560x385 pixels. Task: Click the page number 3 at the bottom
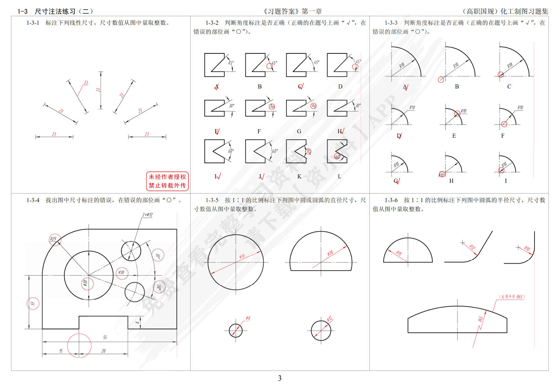pos(279,378)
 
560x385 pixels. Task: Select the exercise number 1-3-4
pos(33,200)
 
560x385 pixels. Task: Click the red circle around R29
pos(54,239)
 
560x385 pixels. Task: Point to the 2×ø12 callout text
pos(147,215)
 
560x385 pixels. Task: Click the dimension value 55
pos(105,337)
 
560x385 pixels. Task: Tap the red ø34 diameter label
pos(242,256)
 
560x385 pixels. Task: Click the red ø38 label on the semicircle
pos(330,253)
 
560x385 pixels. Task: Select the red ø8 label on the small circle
pos(248,318)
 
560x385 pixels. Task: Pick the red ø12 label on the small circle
pos(329,319)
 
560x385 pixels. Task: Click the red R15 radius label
pos(399,253)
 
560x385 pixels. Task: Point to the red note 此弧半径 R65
pos(512,296)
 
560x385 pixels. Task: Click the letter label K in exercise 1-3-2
pos(299,176)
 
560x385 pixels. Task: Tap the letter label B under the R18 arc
pos(457,86)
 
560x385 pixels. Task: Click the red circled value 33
pos(33,303)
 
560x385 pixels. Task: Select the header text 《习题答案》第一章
pos(292,11)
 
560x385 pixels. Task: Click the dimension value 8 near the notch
pos(137,323)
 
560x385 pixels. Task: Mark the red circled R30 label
pos(121,272)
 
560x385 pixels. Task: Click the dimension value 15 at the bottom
pos(61,351)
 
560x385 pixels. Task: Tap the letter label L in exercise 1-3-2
pos(339,176)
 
